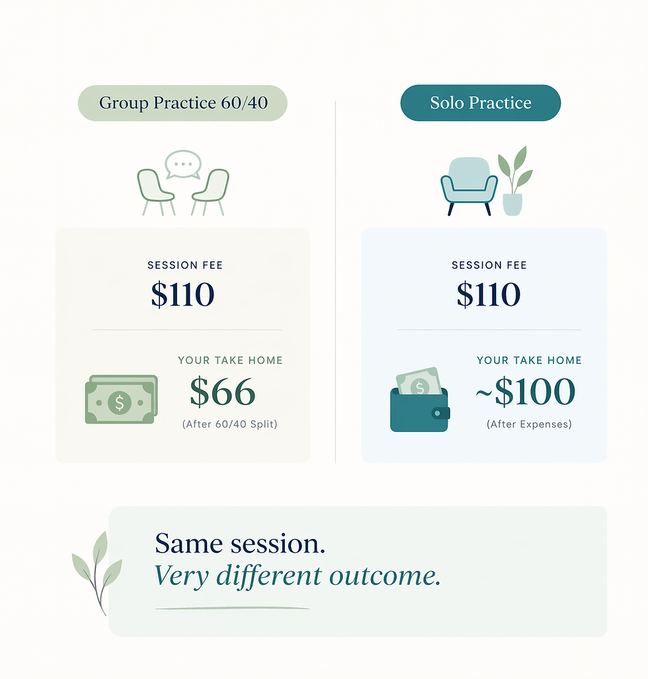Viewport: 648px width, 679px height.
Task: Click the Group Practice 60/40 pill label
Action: tap(182, 103)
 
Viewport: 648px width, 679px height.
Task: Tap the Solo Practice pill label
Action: tap(481, 103)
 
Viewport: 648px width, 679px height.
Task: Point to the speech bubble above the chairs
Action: tap(183, 164)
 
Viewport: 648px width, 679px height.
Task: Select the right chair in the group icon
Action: tap(211, 191)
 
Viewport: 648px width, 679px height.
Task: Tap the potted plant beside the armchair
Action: tap(515, 181)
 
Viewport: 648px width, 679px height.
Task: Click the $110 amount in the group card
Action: tap(182, 294)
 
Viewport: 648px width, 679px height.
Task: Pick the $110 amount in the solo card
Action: tap(489, 294)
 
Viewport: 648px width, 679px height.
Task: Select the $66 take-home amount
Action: tap(222, 392)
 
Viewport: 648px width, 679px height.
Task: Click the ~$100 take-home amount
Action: tap(525, 392)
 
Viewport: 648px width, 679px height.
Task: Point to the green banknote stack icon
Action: tap(121, 399)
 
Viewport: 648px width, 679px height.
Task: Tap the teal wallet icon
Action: tap(420, 399)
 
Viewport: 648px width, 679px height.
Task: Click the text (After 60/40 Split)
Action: tap(229, 424)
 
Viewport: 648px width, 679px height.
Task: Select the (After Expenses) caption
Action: tap(529, 424)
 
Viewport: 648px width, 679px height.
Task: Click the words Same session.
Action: tap(240, 543)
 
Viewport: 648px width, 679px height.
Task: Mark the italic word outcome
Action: tap(385, 576)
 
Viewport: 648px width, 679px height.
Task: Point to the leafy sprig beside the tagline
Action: tap(97, 572)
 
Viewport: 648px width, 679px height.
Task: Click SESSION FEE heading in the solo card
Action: tap(489, 265)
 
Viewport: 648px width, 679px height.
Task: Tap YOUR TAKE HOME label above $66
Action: tap(230, 360)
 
